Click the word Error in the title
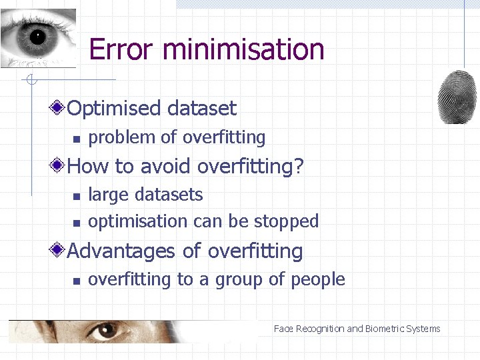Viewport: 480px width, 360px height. [121, 50]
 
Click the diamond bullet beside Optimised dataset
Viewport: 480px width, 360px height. [59, 107]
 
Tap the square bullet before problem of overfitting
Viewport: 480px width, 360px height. [77, 139]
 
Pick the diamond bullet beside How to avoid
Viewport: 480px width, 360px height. [59, 165]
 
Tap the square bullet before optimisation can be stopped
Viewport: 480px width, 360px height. [77, 223]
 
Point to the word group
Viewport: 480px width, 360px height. [239, 281]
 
